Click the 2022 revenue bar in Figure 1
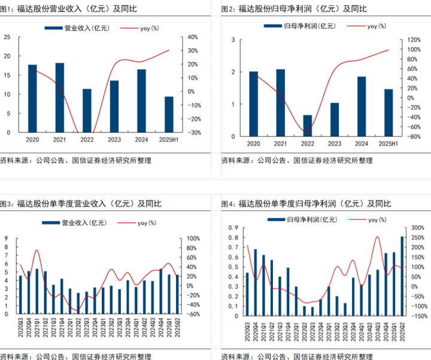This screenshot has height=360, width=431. pyautogui.click(x=87, y=111)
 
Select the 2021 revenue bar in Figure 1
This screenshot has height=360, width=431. pyautogui.click(x=60, y=98)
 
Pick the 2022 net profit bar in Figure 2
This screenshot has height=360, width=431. pyautogui.click(x=308, y=126)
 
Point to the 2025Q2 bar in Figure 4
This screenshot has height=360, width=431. pyautogui.click(x=402, y=275)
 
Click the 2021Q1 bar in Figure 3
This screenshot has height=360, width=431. pyautogui.click(x=37, y=291)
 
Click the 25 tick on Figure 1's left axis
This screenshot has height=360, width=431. pyautogui.click(x=7, y=37)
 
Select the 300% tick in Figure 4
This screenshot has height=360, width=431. pyautogui.click(x=418, y=228)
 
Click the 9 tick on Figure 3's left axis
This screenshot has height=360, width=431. pyautogui.click(x=6, y=238)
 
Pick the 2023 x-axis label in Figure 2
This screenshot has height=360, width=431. pyautogui.click(x=335, y=144)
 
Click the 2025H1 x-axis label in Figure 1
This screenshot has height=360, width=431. pyautogui.click(x=169, y=140)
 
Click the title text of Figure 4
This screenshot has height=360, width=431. pyautogui.click(x=306, y=204)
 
